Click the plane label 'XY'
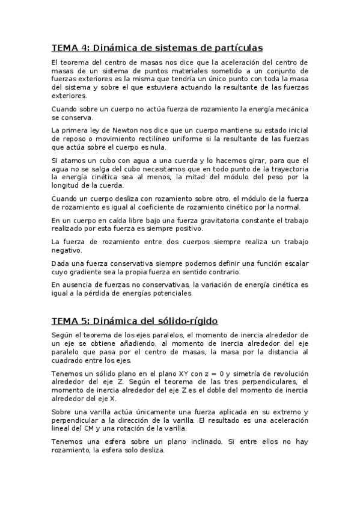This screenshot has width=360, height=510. [196, 373]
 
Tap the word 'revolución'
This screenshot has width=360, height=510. [287, 373]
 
